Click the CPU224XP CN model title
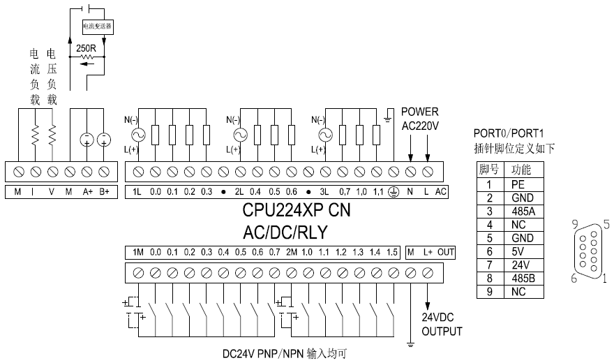(296, 209)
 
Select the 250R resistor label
(86, 48)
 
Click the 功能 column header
(522, 170)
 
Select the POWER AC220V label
(419, 119)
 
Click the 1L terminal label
(137, 191)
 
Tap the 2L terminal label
(239, 191)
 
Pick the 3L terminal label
(325, 191)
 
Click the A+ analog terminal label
(87, 191)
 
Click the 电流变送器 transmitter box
(97, 26)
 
